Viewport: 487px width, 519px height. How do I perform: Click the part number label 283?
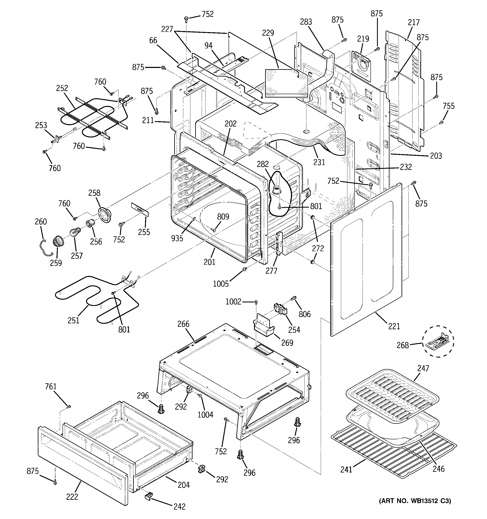pyautogui.click(x=306, y=22)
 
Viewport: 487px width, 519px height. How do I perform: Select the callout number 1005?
pyautogui.click(x=221, y=284)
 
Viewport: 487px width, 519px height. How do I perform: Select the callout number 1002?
pyautogui.click(x=233, y=302)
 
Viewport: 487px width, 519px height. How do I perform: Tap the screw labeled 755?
pyautogui.click(x=441, y=122)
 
